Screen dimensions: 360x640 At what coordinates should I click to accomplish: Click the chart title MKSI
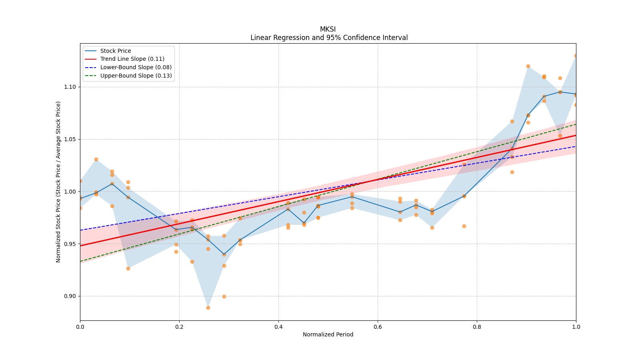tap(328, 29)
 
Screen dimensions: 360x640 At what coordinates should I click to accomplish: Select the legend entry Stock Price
tap(116, 51)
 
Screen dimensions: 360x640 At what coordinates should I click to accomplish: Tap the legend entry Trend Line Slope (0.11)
tap(132, 59)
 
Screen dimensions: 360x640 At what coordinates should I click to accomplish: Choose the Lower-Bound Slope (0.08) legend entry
tap(136, 68)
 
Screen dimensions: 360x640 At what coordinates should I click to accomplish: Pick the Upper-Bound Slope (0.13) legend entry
tap(136, 76)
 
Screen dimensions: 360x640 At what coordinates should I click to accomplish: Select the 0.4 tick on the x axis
tap(278, 327)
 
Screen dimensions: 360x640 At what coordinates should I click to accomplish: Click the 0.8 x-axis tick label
tap(477, 327)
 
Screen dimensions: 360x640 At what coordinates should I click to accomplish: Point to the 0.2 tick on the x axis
tap(179, 327)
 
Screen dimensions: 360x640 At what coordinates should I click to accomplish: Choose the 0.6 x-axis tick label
tap(378, 327)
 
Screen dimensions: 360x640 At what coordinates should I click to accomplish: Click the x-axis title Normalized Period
tap(328, 334)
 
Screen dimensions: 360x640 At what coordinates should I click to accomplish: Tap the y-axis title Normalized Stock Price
tap(58, 182)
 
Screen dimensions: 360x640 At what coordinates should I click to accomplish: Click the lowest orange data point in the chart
tap(208, 308)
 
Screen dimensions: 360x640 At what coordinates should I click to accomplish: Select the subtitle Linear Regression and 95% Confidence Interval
tap(329, 38)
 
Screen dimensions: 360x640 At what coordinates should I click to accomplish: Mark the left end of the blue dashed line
tap(80, 230)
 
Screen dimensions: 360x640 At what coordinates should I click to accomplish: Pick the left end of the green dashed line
tap(80, 261)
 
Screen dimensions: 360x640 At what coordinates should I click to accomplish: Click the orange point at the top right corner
tap(576, 56)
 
